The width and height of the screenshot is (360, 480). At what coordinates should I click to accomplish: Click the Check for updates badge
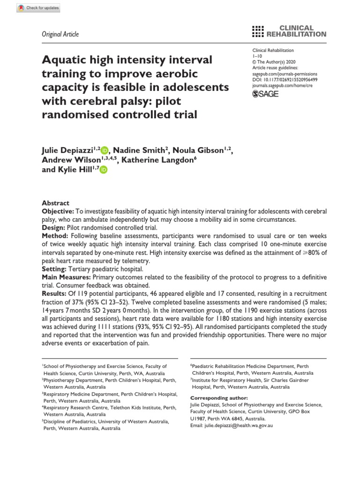point(31,8)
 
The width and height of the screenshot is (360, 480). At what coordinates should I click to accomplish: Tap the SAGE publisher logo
point(265,94)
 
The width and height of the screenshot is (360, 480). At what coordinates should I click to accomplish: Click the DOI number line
point(285,80)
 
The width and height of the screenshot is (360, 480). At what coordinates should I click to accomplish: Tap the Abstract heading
point(56,203)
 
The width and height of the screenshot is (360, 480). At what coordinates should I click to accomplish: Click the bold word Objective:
point(58,212)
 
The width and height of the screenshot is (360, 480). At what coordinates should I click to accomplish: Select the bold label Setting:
point(54,269)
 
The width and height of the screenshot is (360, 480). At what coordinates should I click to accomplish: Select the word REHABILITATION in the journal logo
point(296,34)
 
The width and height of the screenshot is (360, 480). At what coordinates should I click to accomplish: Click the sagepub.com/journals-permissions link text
point(285,74)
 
